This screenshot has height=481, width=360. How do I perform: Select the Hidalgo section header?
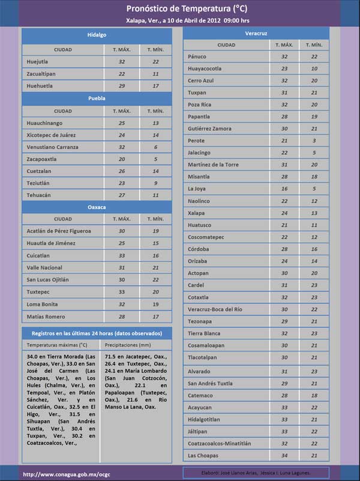click(97, 35)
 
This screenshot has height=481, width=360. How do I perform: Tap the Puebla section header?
click(97, 98)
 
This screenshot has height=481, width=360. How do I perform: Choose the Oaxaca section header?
click(97, 207)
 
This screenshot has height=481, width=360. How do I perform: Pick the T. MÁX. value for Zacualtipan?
click(122, 74)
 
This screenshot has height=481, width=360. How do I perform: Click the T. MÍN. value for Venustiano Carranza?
click(155, 147)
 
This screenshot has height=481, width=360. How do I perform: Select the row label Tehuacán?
click(39, 195)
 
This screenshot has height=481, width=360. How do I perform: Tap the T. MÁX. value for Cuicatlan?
click(122, 256)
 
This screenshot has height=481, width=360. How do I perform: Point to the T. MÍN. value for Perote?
click(314, 141)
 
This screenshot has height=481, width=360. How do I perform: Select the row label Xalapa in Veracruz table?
click(196, 213)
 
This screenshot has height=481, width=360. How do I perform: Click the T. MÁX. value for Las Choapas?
click(284, 455)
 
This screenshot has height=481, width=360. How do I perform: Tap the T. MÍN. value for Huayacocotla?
click(314, 68)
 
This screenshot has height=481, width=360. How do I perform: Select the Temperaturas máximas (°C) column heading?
click(57, 345)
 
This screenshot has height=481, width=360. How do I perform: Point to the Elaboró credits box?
click(256, 473)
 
